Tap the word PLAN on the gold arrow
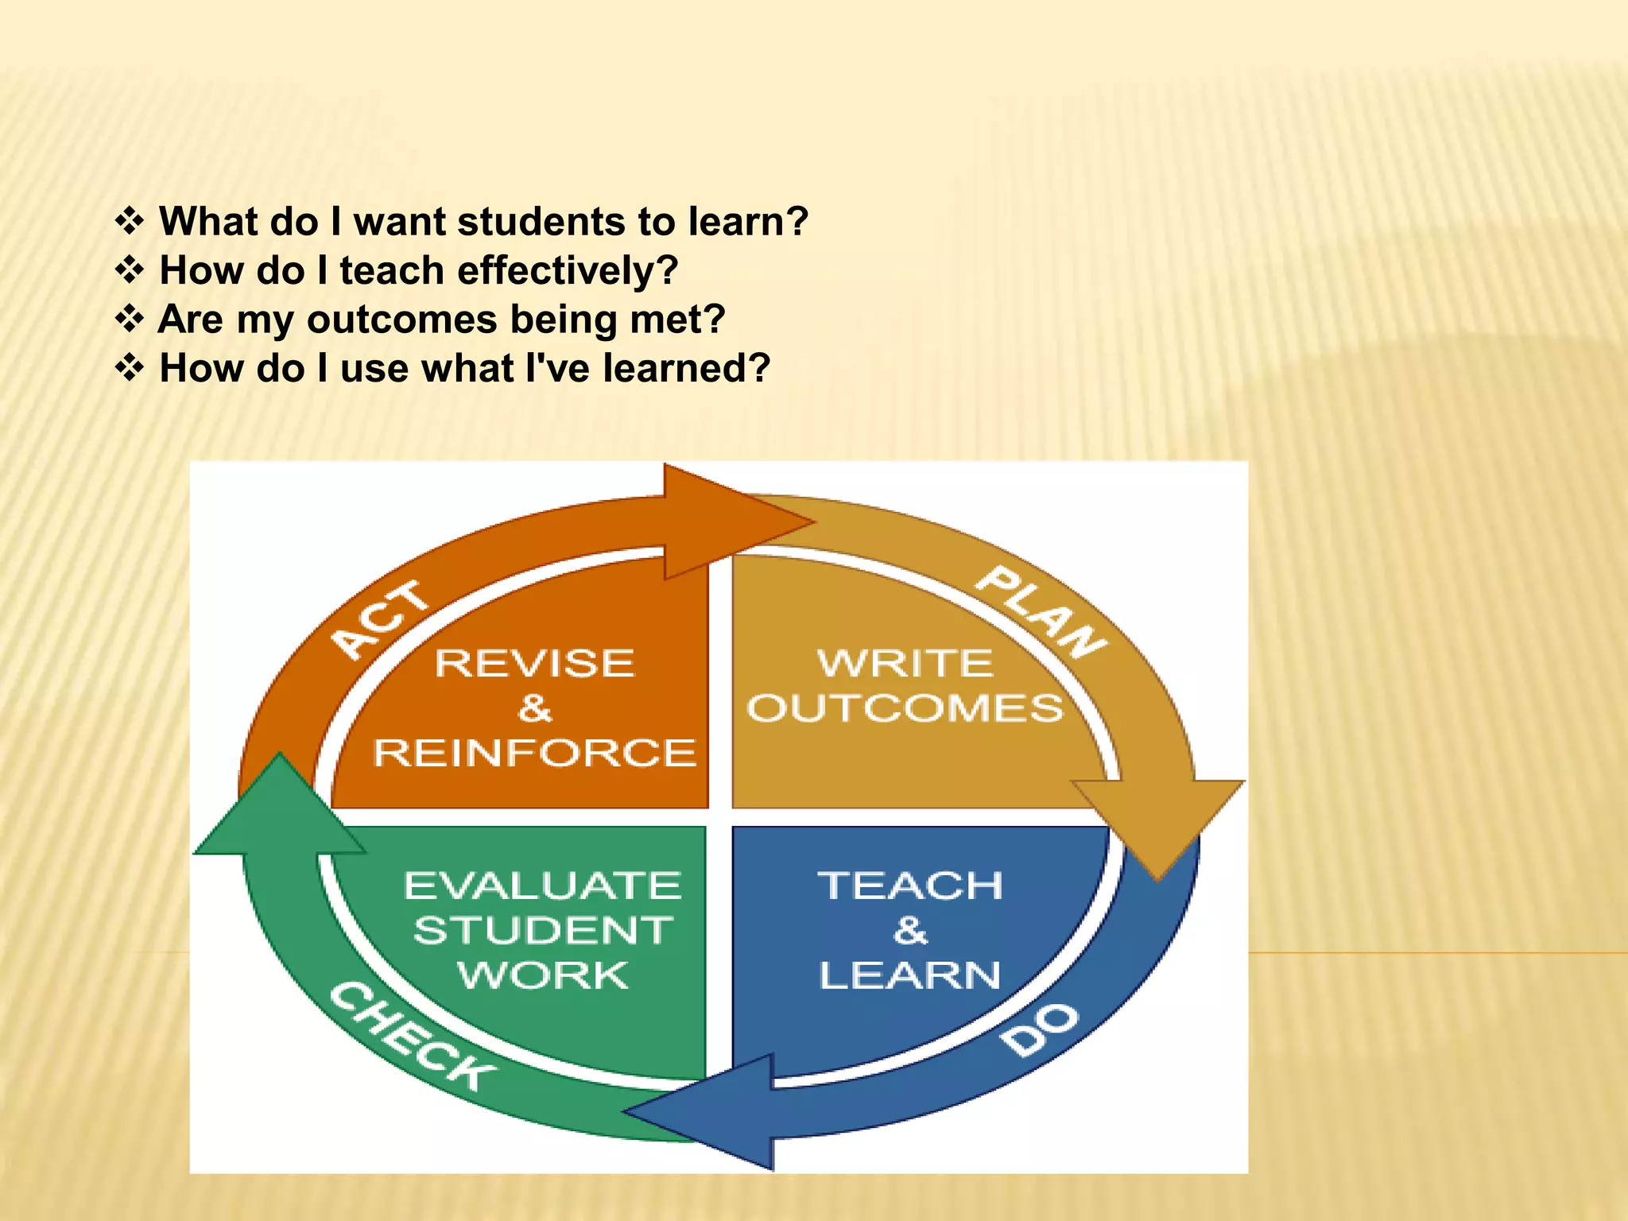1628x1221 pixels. (x=1041, y=613)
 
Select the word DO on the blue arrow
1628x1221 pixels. (x=1040, y=1029)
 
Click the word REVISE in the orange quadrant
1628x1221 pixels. (x=535, y=663)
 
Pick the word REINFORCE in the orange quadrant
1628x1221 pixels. (x=535, y=753)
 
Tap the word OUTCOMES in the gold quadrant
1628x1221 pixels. (x=905, y=707)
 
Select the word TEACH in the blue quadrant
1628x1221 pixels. (x=911, y=886)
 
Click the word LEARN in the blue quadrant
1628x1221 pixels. (x=911, y=975)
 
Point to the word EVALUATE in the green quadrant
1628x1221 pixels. (x=543, y=886)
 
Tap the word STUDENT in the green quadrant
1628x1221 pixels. (x=543, y=930)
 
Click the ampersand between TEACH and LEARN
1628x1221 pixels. (x=911, y=930)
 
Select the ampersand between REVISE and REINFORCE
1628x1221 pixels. (x=535, y=707)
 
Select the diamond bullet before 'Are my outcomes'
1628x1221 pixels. (x=130, y=319)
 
